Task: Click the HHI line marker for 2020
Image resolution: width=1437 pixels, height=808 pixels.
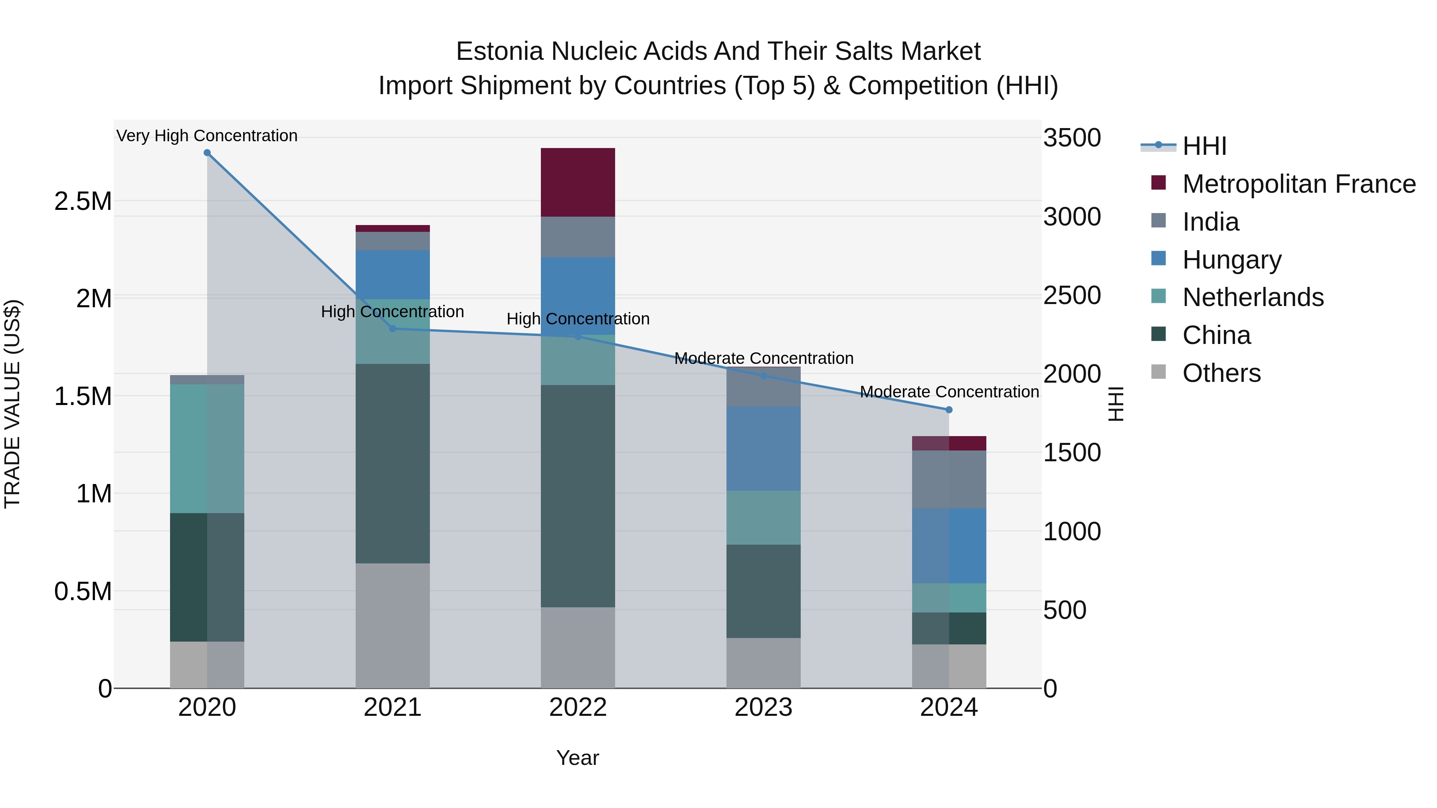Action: pyautogui.click(x=207, y=153)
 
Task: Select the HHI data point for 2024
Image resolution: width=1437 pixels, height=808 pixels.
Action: pyautogui.click(x=948, y=410)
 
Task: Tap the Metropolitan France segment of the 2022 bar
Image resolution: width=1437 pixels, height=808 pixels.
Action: pyautogui.click(x=578, y=182)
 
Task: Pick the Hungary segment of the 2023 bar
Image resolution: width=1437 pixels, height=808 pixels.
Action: pyautogui.click(x=763, y=448)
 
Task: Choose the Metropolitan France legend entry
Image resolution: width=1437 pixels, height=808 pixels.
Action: pyautogui.click(x=1298, y=184)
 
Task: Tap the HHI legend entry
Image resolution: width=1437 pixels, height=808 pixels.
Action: pyautogui.click(x=1204, y=146)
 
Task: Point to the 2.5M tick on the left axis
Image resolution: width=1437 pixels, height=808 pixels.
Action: pyautogui.click(x=83, y=202)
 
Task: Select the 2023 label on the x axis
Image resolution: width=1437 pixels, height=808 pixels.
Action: pyautogui.click(x=763, y=707)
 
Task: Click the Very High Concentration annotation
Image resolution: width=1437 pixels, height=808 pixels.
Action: pyautogui.click(x=207, y=136)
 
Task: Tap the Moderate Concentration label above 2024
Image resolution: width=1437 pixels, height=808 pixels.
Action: pyautogui.click(x=949, y=391)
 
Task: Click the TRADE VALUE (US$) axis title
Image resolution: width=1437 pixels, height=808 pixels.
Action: pyautogui.click(x=12, y=404)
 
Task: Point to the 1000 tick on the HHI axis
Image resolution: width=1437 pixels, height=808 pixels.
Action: pyautogui.click(x=1072, y=531)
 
